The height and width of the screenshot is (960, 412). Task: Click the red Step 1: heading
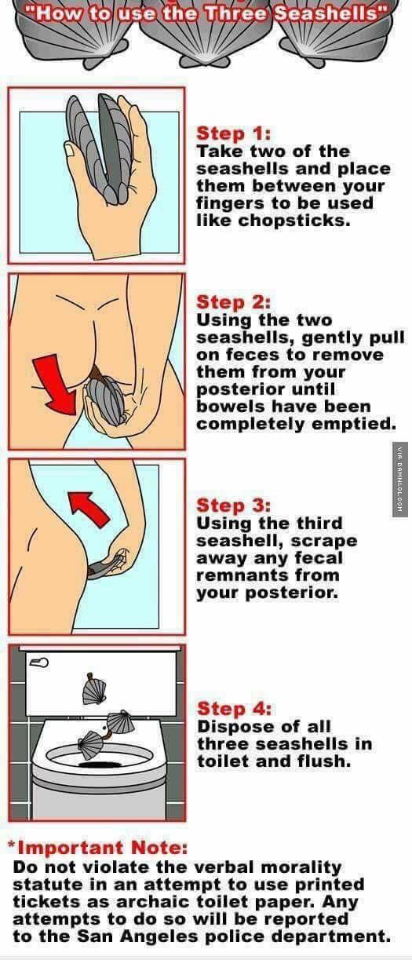(233, 133)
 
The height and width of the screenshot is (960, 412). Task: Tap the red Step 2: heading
(233, 302)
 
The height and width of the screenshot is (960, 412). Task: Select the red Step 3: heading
(233, 505)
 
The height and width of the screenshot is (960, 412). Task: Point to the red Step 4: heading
(234, 708)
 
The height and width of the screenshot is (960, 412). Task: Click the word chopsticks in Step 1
(294, 221)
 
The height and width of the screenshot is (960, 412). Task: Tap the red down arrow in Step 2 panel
(56, 384)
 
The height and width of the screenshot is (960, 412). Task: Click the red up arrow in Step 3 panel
(89, 509)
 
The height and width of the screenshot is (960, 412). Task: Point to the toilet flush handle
(38, 663)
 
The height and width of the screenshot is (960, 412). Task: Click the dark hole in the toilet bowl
(101, 764)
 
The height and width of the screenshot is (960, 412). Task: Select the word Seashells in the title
(327, 13)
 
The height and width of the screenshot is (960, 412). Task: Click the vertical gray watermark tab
(400, 480)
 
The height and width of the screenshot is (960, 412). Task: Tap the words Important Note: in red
(102, 847)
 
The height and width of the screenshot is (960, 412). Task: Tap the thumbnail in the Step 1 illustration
(69, 148)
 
